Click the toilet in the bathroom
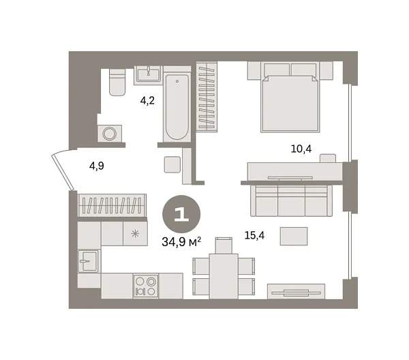point(117,83)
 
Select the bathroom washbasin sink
point(148,74)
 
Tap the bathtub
point(177,108)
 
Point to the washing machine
point(110,133)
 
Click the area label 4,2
point(147,101)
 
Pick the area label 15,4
point(254,235)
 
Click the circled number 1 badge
point(181,213)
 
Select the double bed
point(290,97)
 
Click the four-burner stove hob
point(145,286)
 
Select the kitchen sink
point(87,261)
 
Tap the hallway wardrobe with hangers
point(112,205)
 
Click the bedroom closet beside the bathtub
point(207,96)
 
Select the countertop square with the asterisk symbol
point(134,234)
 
